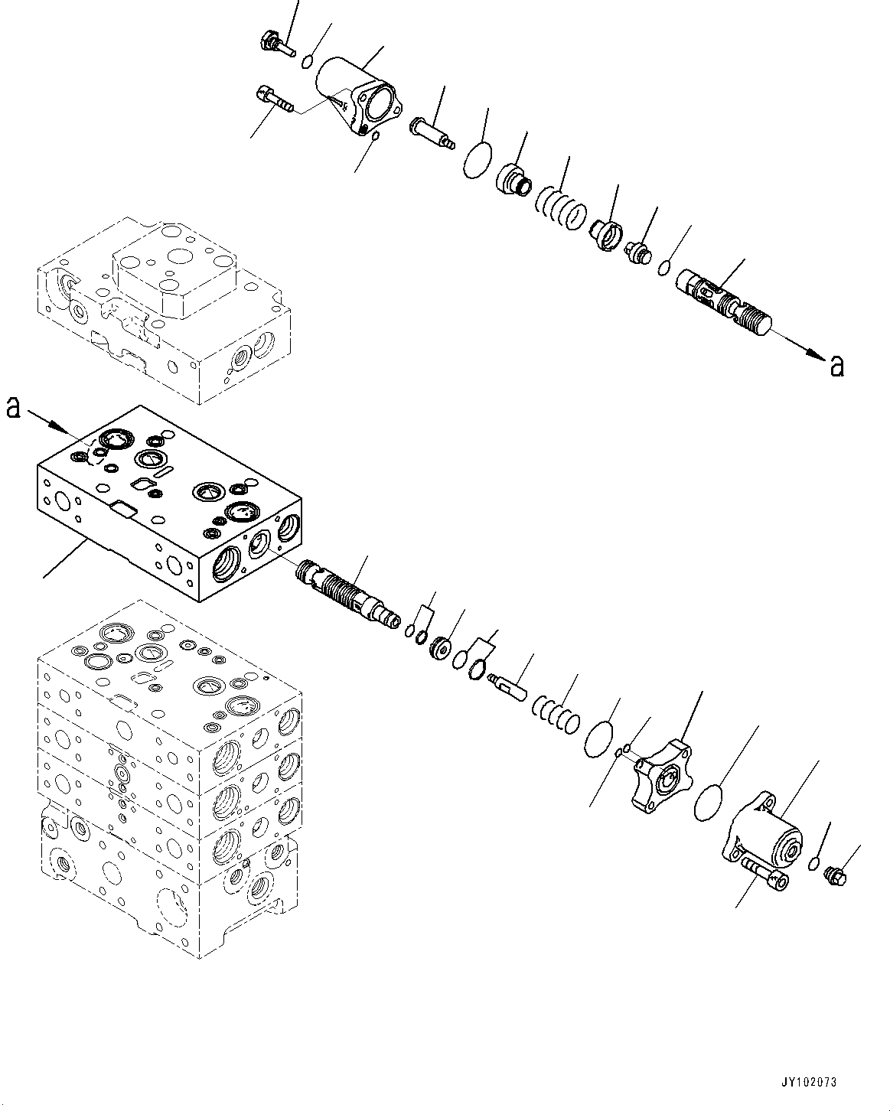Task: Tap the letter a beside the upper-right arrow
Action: [837, 367]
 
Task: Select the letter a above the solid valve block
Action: [13, 409]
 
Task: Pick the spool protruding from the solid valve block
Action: [348, 593]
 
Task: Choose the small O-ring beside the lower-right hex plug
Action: [816, 865]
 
